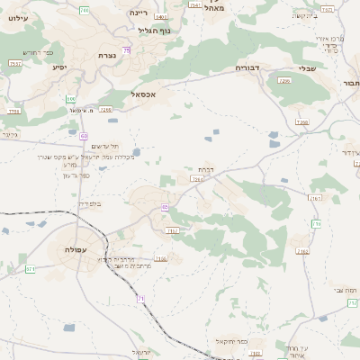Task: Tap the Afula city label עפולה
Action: coord(76,248)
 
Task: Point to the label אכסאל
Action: coord(144,94)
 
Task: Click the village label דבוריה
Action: coord(247,67)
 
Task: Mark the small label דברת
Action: coord(204,168)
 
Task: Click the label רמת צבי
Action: coord(346,289)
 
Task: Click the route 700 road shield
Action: coord(84,10)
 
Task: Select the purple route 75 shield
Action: coord(127,50)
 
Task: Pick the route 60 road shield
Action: coord(84,136)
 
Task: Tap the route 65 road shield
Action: coord(166,207)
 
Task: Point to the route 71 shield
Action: coord(140,298)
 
